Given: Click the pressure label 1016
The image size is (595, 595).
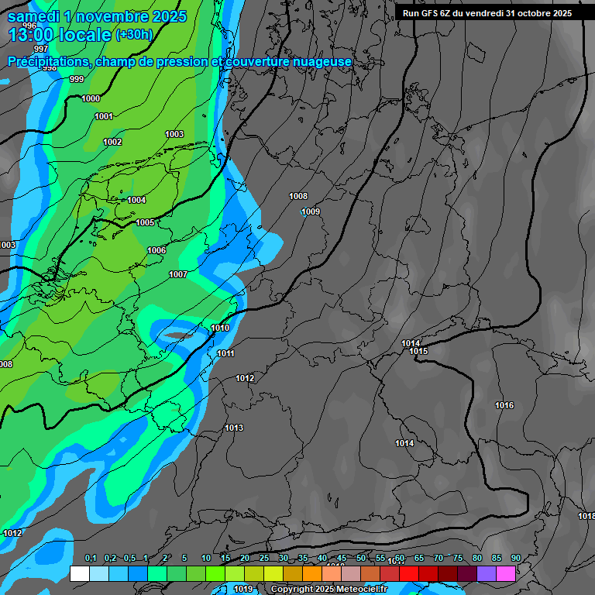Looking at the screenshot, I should [x=504, y=405].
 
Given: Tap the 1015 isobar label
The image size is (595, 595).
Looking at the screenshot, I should [x=418, y=352].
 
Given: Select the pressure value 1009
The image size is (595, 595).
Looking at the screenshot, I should [x=311, y=212].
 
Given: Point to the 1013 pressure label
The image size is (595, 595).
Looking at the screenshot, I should [x=234, y=428].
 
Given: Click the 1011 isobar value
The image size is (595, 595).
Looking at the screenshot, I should [x=226, y=353].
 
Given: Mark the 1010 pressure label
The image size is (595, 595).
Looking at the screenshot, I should [x=220, y=328].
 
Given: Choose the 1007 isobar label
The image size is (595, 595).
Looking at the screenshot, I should [x=178, y=274].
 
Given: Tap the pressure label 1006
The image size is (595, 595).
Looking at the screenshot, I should [x=156, y=250].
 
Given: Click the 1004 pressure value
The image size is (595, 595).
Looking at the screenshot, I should [x=136, y=200].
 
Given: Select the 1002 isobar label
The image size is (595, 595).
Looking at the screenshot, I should [x=112, y=142].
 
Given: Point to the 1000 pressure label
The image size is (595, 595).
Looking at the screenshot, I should [x=91, y=98].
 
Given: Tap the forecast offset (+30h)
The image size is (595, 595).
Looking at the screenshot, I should [x=134, y=35].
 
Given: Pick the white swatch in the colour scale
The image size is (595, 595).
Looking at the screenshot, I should [x=79, y=573].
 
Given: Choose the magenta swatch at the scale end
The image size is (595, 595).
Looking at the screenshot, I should [x=506, y=573].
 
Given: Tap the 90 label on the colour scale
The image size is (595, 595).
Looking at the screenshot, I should [x=515, y=559].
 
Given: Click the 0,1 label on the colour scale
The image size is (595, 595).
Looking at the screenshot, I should [x=91, y=559].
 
